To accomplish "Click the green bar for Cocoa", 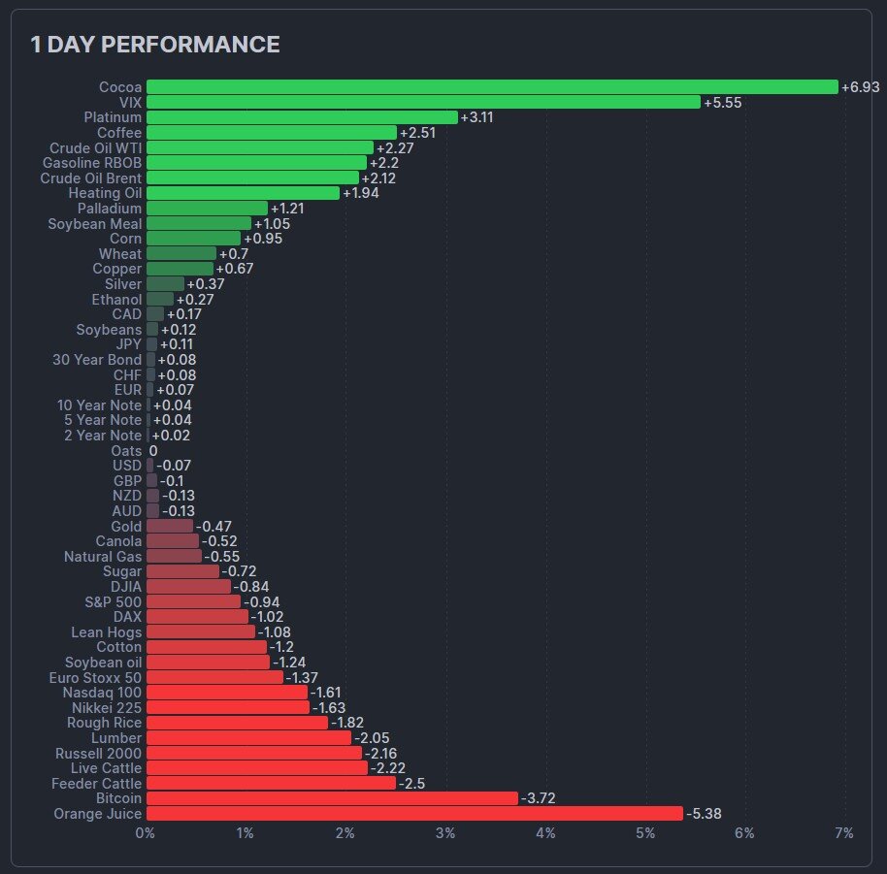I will [x=491, y=87].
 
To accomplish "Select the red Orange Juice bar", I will [x=414, y=814].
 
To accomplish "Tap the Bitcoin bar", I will [x=332, y=798].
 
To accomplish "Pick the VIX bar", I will [x=423, y=102].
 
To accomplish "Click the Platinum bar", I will [x=302, y=117].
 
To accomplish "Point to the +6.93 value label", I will [x=860, y=87].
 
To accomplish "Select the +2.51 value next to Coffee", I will [x=418, y=133].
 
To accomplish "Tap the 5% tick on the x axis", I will [x=644, y=833].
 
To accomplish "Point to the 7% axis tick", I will [x=844, y=833].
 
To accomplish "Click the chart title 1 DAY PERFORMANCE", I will [x=155, y=45].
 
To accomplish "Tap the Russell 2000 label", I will [x=98, y=753].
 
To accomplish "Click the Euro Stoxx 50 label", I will [x=95, y=677].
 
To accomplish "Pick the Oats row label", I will [x=126, y=451].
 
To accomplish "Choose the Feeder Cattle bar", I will [x=271, y=783].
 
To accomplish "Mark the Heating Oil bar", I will [x=243, y=193].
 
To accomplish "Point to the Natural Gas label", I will [x=103, y=557].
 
